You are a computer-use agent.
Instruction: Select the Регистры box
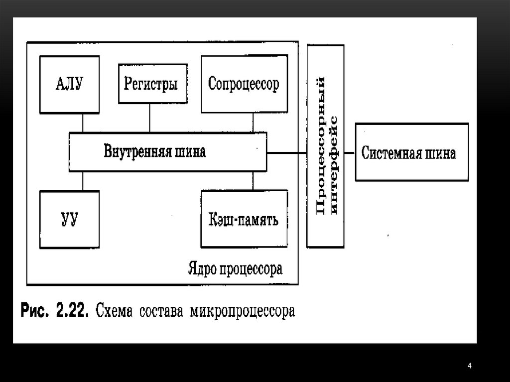point(153,84)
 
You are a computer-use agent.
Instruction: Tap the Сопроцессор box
point(244,84)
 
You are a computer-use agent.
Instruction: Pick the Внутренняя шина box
point(167,151)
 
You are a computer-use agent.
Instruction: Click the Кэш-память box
point(244,219)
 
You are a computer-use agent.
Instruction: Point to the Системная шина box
point(411,152)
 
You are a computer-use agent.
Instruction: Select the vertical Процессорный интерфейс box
point(326,146)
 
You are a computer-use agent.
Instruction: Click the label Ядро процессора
point(235,269)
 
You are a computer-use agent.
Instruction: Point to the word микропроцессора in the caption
point(242,312)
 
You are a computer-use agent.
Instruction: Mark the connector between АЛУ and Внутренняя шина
point(83,123)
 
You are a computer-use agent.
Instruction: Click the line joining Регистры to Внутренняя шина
point(149,118)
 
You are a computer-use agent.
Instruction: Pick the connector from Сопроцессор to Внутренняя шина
point(253,123)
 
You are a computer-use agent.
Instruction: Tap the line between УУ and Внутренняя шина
point(83,181)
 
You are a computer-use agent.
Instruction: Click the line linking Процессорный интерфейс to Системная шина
point(350,152)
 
